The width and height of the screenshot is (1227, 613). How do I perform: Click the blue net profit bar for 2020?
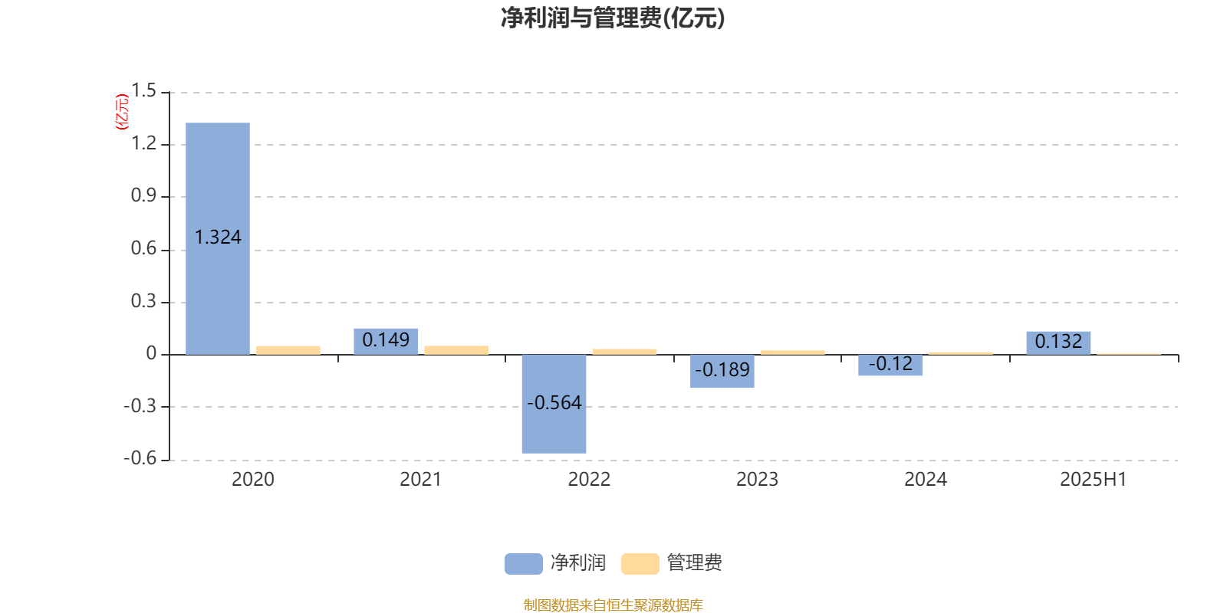pyautogui.click(x=218, y=238)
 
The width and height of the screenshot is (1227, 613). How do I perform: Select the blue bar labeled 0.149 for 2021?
pyautogui.click(x=386, y=342)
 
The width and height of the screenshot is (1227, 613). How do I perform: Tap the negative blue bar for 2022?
pyautogui.click(x=554, y=404)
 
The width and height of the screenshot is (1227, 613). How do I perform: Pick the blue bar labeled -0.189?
pyautogui.click(x=722, y=371)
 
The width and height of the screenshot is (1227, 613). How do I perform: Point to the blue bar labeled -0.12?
pyautogui.click(x=890, y=365)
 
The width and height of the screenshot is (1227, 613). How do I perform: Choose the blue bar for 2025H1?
pyautogui.click(x=1058, y=343)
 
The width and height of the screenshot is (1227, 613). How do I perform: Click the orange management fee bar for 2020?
pyautogui.click(x=288, y=350)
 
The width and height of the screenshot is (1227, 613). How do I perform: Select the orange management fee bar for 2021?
pyautogui.click(x=456, y=350)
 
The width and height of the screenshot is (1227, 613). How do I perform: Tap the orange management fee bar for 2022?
pyautogui.click(x=624, y=352)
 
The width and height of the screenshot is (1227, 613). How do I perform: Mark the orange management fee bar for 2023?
pyautogui.click(x=793, y=352)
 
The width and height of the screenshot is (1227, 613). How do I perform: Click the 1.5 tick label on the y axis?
pyautogui.click(x=143, y=91)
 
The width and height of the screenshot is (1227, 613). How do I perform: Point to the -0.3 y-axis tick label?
pyautogui.click(x=140, y=406)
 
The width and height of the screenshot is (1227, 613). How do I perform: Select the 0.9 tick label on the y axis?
pyautogui.click(x=143, y=196)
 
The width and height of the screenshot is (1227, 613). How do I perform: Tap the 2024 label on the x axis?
pyautogui.click(x=925, y=480)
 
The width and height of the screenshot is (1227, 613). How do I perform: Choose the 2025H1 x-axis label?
pyautogui.click(x=1094, y=480)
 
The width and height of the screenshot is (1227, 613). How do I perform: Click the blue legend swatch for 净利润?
pyautogui.click(x=524, y=564)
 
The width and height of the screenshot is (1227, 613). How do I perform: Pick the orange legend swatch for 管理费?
pyautogui.click(x=640, y=564)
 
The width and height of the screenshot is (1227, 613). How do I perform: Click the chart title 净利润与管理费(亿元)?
pyautogui.click(x=613, y=18)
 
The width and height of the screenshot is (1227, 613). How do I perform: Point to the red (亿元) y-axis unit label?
pyautogui.click(x=122, y=112)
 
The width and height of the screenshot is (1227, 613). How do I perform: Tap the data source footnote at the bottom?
pyautogui.click(x=613, y=605)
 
